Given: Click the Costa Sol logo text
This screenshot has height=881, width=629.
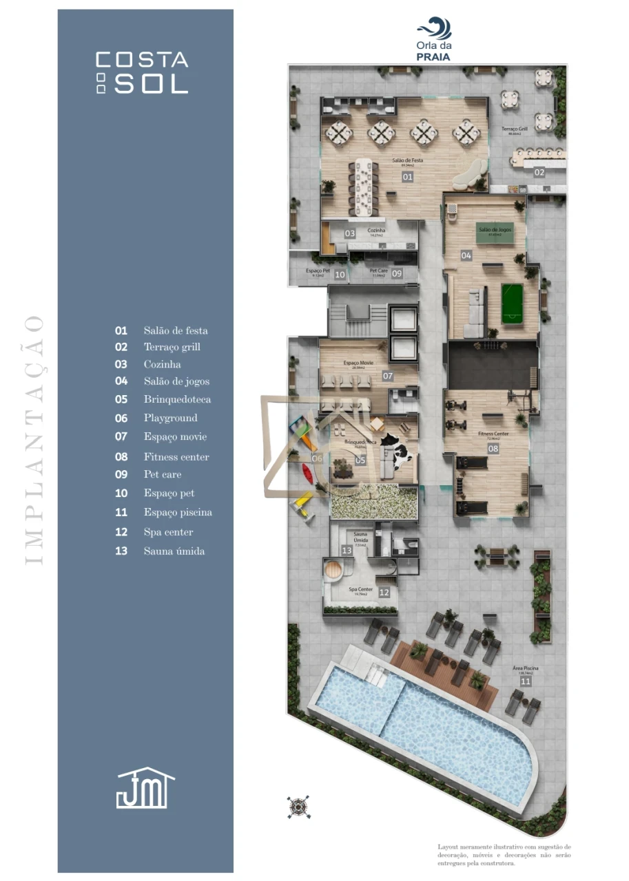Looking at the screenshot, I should (x=142, y=72).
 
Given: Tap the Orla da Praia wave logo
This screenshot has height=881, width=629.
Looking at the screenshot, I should (x=433, y=31).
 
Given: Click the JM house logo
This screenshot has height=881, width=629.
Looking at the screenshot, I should (x=145, y=788).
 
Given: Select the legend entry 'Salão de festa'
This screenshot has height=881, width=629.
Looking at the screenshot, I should (x=175, y=330).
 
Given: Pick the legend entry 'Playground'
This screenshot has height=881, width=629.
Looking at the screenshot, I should (x=170, y=418).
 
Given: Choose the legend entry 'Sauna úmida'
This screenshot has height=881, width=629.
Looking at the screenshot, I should (x=174, y=551).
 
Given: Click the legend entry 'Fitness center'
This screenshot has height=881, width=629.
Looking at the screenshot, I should (x=176, y=456).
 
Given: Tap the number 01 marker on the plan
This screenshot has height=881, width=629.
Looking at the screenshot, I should (x=407, y=177).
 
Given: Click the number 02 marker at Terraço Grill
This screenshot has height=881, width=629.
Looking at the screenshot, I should (x=539, y=173).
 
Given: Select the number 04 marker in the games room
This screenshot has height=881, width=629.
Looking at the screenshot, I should (x=466, y=255).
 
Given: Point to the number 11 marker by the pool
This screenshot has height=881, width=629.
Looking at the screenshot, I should (x=526, y=681).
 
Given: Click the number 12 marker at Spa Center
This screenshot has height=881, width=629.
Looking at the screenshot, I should (x=384, y=592).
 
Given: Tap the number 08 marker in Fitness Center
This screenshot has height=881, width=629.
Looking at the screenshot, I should (x=493, y=449).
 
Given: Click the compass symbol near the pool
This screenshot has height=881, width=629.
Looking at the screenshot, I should (x=298, y=806).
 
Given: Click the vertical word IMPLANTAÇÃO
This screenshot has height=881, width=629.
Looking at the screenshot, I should (x=34, y=440).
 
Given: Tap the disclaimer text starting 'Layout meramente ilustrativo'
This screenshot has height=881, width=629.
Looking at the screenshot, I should (x=504, y=854).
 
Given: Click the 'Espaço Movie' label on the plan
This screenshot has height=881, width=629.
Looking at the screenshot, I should (x=358, y=362).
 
